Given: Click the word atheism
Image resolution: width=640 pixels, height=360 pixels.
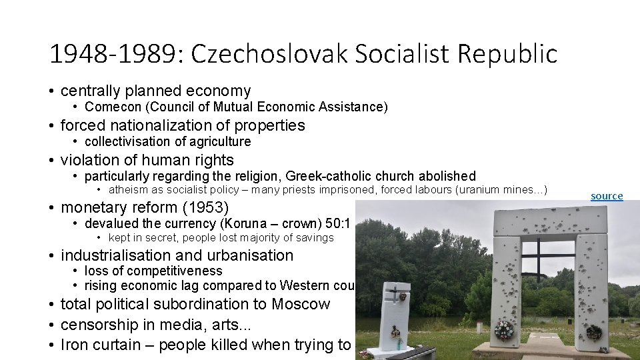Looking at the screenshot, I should [130, 190].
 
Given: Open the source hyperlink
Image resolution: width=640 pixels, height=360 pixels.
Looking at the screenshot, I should [607, 196].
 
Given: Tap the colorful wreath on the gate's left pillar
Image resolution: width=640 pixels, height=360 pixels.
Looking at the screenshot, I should [505, 329].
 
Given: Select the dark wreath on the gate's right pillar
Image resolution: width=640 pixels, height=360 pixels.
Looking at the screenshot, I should [593, 331].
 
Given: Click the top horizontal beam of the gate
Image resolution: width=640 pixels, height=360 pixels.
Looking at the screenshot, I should [550, 219].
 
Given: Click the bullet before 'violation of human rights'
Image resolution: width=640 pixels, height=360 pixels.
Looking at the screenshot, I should [51, 161].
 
